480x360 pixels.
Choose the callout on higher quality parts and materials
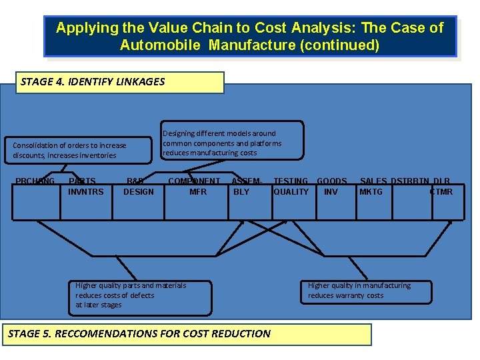point(143,295)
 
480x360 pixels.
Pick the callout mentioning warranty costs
point(367,291)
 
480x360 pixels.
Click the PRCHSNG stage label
point(35,181)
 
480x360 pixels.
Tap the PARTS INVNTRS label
point(85,187)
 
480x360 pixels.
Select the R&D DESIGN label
point(138,187)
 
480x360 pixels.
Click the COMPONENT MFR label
point(195,187)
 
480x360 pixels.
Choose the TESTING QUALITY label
point(291,187)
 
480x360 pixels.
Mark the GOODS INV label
point(331,187)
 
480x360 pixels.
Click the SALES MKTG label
point(373,187)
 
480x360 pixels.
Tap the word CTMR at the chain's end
point(441,192)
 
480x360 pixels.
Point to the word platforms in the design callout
point(265,143)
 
